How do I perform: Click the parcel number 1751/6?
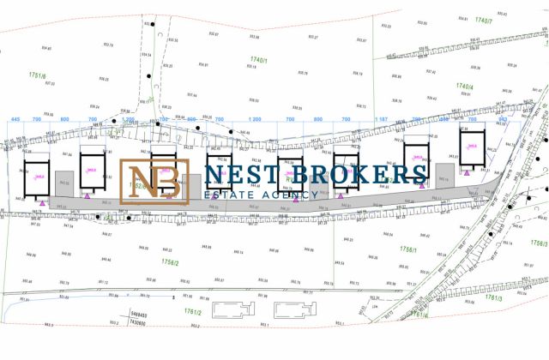(36, 75)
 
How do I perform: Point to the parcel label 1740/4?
(464, 87)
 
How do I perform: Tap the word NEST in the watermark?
(232, 174)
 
